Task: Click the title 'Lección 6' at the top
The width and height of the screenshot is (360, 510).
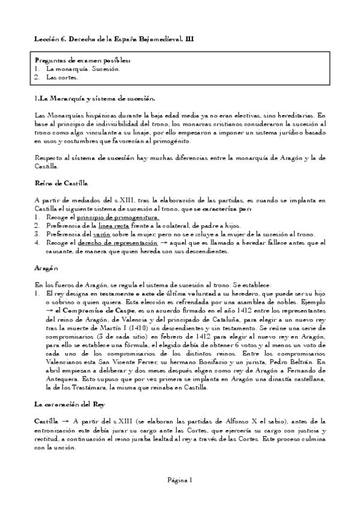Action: coord(52,38)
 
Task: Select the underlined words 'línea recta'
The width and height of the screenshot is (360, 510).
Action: coord(112,226)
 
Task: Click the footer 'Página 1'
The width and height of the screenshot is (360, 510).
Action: coord(180,480)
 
